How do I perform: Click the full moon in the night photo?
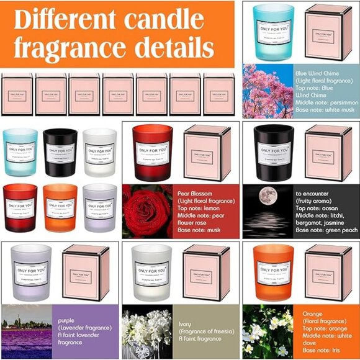click(x=268, y=196)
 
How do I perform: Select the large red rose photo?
click(x=147, y=211)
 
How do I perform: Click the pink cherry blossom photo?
click(x=267, y=91)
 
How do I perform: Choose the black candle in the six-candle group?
click(x=60, y=153)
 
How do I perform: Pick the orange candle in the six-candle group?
click(x=60, y=207)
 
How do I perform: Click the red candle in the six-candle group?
click(x=20, y=207)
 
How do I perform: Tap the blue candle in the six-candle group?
click(x=20, y=153)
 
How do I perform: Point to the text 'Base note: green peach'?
click(x=327, y=230)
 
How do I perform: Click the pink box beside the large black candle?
click(x=328, y=153)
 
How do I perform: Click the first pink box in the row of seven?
click(x=17, y=94)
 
